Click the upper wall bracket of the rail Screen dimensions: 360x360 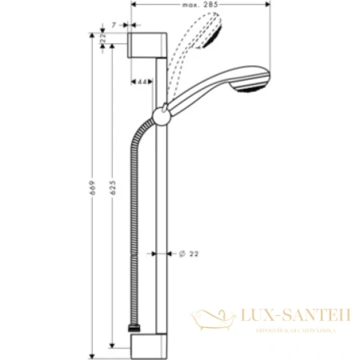pyautogui.click(x=148, y=45)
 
